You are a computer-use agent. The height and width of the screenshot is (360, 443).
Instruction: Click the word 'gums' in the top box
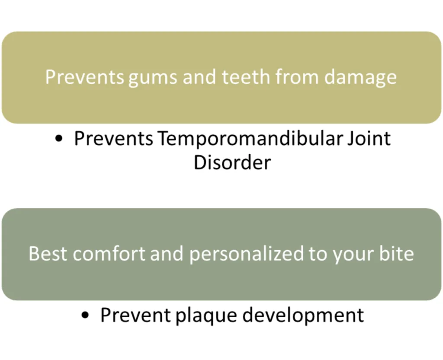(x=153, y=78)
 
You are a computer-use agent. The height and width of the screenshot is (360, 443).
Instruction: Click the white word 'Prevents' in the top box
(x=84, y=77)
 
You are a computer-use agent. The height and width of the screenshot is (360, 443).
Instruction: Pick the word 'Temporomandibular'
(x=250, y=138)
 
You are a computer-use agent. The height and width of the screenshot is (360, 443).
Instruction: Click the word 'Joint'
(x=369, y=138)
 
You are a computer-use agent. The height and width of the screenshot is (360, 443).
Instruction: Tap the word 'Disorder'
(x=232, y=162)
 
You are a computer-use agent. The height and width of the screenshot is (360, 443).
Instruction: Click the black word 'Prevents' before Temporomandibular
(x=114, y=139)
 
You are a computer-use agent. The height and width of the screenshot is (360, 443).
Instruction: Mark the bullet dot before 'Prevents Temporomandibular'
(x=59, y=139)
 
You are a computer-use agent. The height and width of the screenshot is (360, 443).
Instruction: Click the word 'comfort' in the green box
(x=109, y=253)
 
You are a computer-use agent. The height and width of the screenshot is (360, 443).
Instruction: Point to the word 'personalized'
(x=246, y=254)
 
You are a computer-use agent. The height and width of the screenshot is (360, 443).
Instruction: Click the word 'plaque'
(x=206, y=316)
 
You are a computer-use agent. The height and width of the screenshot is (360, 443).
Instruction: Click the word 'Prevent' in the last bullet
(x=135, y=315)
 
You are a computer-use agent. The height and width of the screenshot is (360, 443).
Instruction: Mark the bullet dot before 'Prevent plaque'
(x=85, y=315)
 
